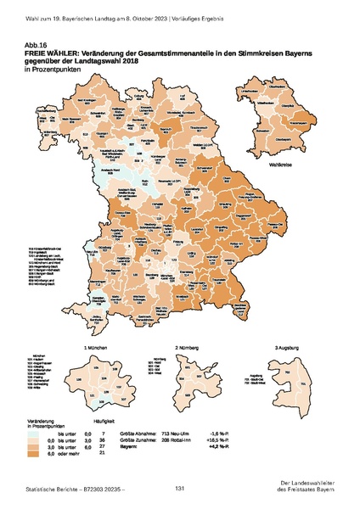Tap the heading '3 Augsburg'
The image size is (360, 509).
coord(289,348)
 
